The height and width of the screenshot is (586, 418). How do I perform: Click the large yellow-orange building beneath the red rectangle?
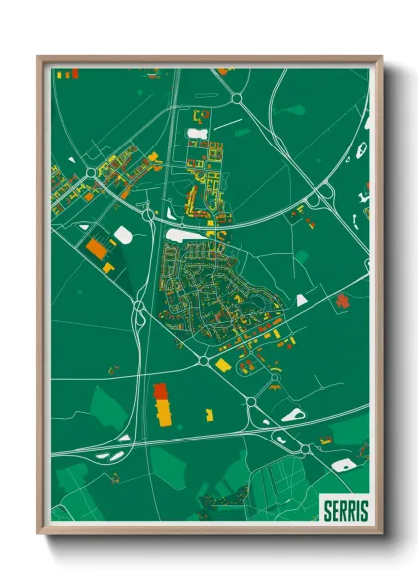(x=163, y=411)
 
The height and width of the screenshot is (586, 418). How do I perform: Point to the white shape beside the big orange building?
(x=123, y=234)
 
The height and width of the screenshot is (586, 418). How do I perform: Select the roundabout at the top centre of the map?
(x=237, y=98)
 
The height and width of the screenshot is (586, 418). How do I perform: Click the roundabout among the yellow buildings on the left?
(x=91, y=173)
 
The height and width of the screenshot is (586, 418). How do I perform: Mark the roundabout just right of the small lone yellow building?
(x=250, y=402)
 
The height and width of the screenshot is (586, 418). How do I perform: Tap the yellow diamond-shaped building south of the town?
(x=223, y=366)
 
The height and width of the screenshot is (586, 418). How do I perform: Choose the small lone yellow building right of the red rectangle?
(x=209, y=412)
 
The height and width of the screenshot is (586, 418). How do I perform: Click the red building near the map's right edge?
(x=343, y=299)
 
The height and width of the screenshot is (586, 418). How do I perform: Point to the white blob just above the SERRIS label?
(x=343, y=465)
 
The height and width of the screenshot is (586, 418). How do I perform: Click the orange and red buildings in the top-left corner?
(x=66, y=73)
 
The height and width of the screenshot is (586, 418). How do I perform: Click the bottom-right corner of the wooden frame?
(x=381, y=534)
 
